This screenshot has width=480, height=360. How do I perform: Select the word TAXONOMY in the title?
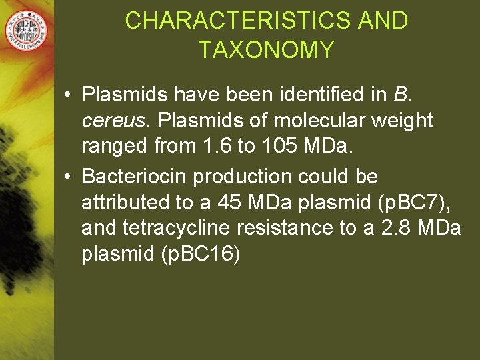(267, 50)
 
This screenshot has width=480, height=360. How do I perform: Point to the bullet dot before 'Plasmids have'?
(69, 96)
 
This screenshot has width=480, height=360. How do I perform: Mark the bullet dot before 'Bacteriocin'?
(69, 177)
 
